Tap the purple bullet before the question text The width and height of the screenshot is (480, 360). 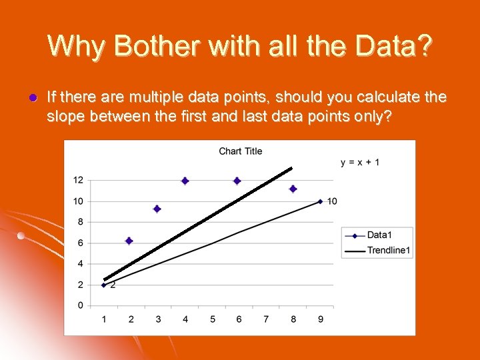31,98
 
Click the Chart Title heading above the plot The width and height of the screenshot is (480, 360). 240,151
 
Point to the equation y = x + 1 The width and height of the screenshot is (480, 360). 360,162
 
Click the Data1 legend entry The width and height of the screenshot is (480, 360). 378,235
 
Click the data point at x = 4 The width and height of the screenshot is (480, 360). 185,181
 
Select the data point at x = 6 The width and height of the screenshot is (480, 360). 237,181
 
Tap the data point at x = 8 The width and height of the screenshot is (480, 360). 293,189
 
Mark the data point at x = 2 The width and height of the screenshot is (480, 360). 129,241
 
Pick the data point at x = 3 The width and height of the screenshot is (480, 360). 157,209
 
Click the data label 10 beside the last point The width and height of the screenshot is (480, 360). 332,201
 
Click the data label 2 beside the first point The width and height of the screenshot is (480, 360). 113,285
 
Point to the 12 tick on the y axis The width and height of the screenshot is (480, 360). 78,180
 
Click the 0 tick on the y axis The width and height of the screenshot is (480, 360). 80,305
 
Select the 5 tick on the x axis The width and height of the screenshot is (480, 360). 212,319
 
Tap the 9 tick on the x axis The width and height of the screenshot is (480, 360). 321,319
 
